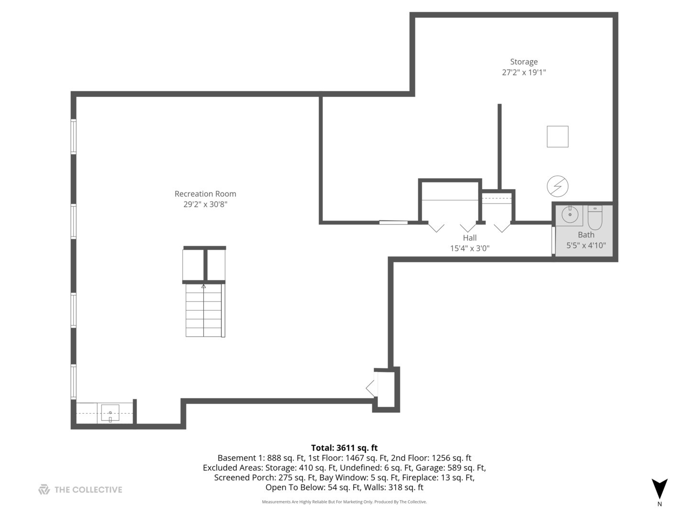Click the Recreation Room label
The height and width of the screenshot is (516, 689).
tap(205, 194)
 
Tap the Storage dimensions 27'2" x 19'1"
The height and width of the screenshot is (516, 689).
tap(523, 72)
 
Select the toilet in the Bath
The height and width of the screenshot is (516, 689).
tap(595, 217)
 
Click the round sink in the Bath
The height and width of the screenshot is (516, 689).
tap(569, 215)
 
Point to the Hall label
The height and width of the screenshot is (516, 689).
tap(469, 238)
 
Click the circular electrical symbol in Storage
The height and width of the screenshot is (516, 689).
tap(557, 186)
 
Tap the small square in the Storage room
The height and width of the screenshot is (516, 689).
tap(557, 136)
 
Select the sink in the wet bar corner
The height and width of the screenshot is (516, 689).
tap(110, 413)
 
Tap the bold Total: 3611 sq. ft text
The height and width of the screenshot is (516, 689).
tap(344, 448)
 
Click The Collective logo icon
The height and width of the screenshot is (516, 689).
tap(44, 489)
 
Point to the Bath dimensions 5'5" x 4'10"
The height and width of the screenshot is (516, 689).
tap(586, 245)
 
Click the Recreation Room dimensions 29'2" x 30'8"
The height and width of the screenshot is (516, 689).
tap(205, 204)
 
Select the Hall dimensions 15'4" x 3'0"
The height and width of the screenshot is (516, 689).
tap(469, 248)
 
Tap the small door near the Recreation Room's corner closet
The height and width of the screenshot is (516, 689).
tap(370, 388)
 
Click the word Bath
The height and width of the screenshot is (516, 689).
tap(586, 235)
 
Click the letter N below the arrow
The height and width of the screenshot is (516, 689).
tap(659, 504)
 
